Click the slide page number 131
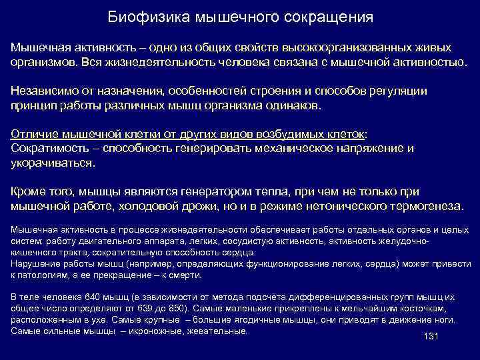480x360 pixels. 430,336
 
